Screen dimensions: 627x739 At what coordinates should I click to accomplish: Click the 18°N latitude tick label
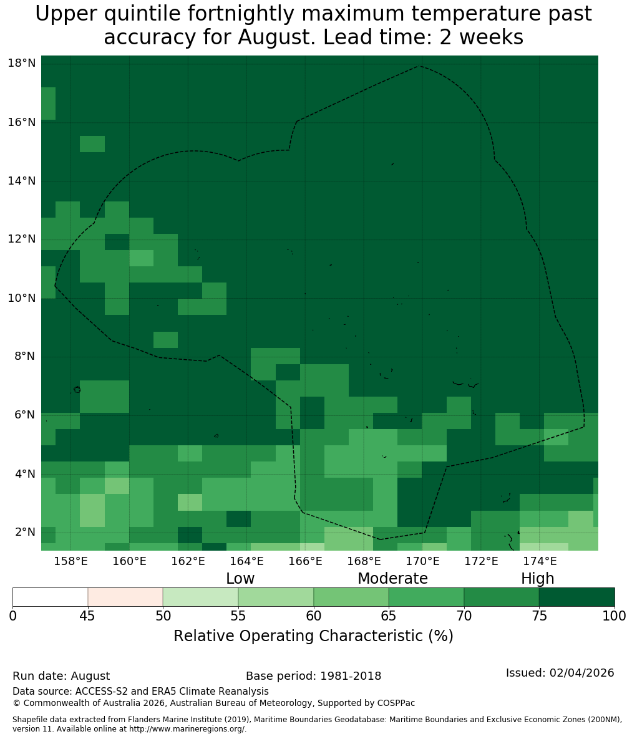22,63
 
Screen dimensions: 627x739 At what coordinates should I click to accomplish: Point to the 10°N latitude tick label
22,298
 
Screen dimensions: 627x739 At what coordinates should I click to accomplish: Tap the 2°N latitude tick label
25,532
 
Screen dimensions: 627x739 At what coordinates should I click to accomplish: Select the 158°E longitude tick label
70,561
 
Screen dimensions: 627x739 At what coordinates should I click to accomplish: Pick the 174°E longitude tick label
540,561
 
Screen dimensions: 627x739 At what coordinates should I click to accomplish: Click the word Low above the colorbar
240,578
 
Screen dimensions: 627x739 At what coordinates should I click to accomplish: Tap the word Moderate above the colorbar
392,578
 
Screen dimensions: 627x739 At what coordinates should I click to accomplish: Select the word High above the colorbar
537,579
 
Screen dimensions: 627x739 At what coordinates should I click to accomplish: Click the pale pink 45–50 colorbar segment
125,597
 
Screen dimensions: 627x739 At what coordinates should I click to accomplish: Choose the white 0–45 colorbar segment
51,597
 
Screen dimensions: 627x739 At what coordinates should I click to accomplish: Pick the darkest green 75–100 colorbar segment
576,597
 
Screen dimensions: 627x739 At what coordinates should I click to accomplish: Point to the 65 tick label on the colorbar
389,616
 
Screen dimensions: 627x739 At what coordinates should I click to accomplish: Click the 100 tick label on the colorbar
615,616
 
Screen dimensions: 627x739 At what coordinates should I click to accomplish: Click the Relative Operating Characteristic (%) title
313,635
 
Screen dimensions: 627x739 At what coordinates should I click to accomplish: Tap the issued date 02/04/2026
581,673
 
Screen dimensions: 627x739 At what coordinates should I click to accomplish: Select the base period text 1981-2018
351,676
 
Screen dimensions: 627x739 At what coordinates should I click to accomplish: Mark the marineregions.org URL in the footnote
188,729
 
